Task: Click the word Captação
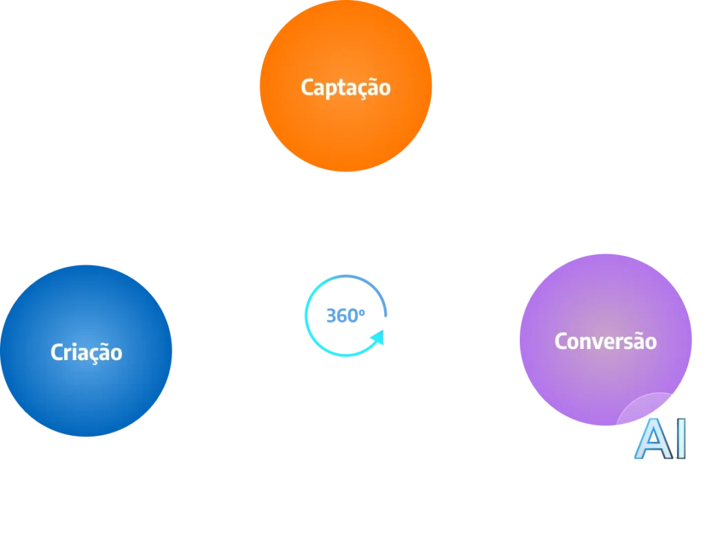pyautogui.click(x=345, y=88)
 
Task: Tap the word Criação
pyautogui.click(x=86, y=353)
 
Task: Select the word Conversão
pyautogui.click(x=605, y=341)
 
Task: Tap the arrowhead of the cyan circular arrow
pyautogui.click(x=378, y=338)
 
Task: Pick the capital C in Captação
pyautogui.click(x=307, y=87)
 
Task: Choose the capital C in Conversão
pyautogui.click(x=561, y=341)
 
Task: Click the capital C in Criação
pyautogui.click(x=57, y=353)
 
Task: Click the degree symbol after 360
pyautogui.click(x=365, y=311)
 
